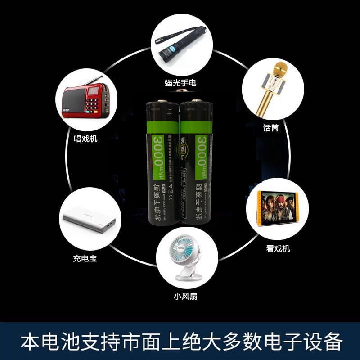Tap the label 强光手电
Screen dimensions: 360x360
(x=180, y=83)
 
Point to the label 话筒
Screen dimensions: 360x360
(x=271, y=128)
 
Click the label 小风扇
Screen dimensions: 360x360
(x=185, y=296)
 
